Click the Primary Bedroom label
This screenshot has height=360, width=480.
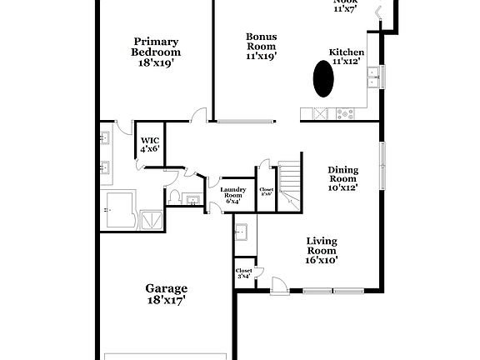(156, 46)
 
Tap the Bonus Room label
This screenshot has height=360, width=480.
(261, 46)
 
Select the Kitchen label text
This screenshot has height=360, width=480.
(347, 56)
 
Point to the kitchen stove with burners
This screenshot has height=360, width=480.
(321, 112)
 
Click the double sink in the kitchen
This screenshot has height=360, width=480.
(372, 77)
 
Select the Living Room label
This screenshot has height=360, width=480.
(321, 250)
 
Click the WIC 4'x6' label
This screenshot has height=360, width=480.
(150, 144)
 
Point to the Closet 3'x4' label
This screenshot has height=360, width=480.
(243, 273)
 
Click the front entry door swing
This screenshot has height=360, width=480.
(281, 285)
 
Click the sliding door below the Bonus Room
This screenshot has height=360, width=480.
(245, 122)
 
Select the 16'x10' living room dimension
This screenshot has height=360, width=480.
(321, 261)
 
